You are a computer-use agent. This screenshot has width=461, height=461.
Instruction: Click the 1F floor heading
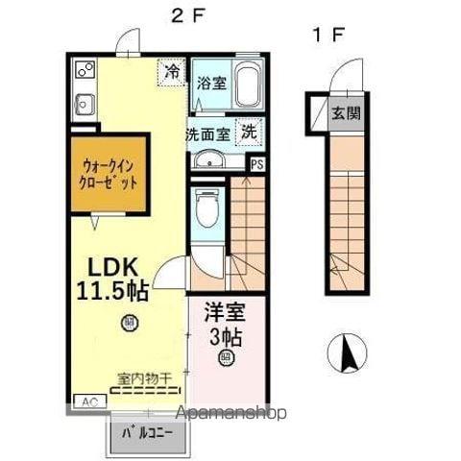click(x=327, y=36)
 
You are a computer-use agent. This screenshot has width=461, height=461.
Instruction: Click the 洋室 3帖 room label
click(x=226, y=325)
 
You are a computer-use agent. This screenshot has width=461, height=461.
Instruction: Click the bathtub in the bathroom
click(x=249, y=87)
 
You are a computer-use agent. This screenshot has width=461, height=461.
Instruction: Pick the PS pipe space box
click(x=255, y=164)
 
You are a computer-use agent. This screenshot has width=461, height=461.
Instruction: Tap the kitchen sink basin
click(x=81, y=101)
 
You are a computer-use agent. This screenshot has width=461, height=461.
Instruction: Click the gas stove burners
click(x=83, y=70)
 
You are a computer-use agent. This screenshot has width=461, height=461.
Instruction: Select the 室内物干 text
click(x=144, y=380)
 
